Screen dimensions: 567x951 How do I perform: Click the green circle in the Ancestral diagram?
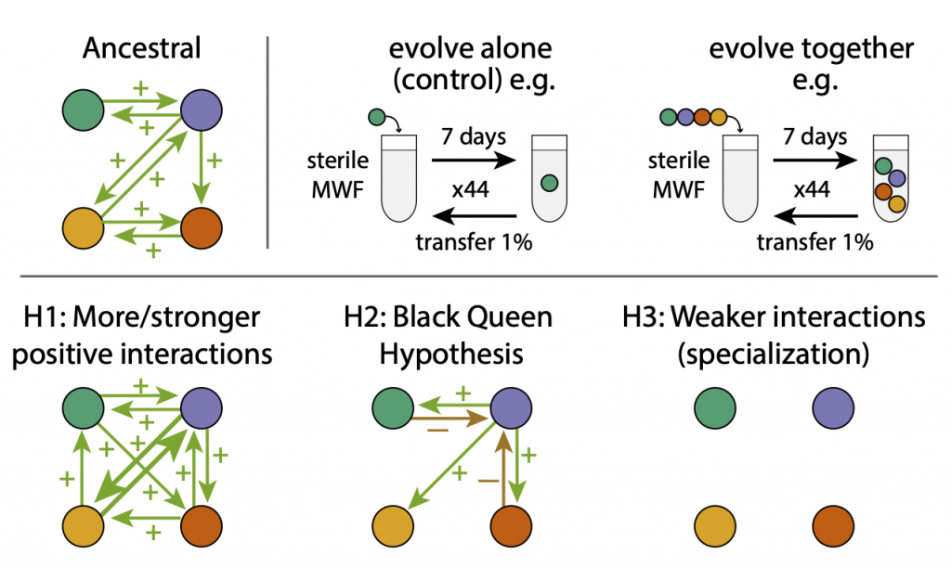tap(82, 110)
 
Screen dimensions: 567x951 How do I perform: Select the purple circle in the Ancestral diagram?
tap(201, 110)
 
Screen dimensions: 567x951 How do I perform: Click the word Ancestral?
tap(141, 48)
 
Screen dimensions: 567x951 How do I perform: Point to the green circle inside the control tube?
tap(550, 183)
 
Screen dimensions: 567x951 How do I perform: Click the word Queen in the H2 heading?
tap(508, 317)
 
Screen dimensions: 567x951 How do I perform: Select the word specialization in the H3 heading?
tap(774, 353)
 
